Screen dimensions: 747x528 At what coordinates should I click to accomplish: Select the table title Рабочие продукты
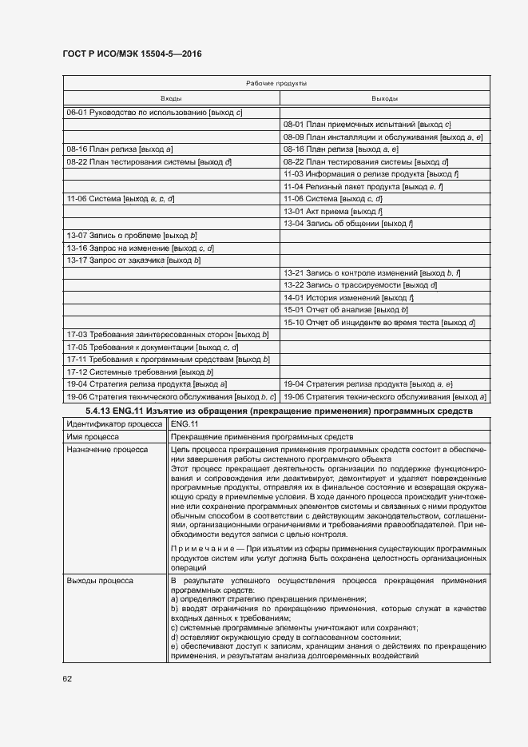click(276, 83)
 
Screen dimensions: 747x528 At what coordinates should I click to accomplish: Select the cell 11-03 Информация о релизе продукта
click(371, 173)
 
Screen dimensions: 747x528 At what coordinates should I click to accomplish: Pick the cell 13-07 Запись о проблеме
click(131, 236)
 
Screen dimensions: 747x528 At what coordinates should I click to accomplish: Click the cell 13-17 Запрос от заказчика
click(133, 260)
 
